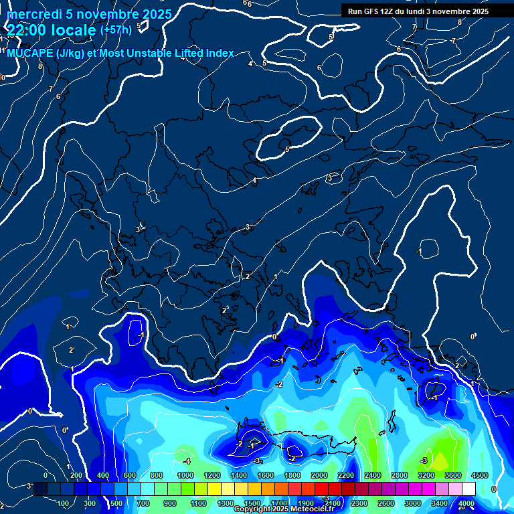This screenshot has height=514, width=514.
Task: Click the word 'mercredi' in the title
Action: (32, 14)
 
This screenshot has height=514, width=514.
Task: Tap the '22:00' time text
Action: (27, 29)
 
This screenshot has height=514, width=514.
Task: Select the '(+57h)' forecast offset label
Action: (115, 30)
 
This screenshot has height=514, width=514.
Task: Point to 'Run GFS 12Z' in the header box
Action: (372, 11)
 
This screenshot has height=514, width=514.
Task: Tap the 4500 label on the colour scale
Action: (480, 475)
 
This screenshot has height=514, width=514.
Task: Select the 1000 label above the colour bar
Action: (185, 475)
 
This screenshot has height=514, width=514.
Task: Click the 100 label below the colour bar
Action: (64, 503)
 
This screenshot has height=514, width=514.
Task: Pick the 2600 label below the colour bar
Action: (385, 503)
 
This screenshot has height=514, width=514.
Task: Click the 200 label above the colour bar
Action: (76, 475)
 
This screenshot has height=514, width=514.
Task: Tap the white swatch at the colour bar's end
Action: (468, 489)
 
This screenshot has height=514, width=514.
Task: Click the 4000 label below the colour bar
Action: (466, 503)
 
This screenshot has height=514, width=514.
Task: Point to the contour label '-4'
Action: (187, 461)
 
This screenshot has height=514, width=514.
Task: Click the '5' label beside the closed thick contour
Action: (287, 149)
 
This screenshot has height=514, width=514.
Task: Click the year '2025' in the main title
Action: (157, 14)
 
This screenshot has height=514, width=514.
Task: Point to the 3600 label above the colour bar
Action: (452, 475)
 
